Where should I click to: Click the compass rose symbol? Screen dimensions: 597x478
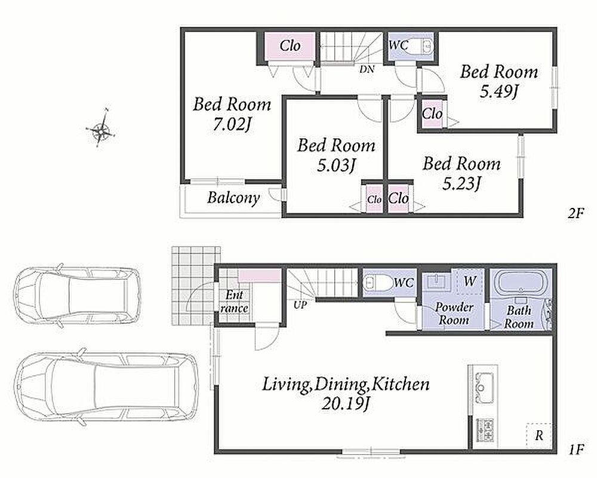coord(100,128)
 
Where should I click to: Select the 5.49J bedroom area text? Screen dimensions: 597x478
coord(498,91)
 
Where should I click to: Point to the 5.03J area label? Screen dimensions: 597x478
coord(337,166)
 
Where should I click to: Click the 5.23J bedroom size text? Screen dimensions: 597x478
coord(461,183)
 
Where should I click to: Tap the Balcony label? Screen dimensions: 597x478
coord(233,198)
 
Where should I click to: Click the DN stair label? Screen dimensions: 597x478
coord(367,69)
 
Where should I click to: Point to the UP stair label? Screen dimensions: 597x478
coord(300,305)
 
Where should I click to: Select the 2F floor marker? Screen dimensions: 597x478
coord(576,213)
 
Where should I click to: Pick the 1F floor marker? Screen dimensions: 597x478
coord(577,450)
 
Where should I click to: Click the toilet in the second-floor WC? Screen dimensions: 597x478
coord(425,46)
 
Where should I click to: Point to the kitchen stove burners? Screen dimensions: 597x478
coord(485,430)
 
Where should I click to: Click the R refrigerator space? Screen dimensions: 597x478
coord(538,435)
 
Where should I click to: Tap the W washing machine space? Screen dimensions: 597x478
coord(470,281)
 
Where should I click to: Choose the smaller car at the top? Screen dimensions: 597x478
coord(77,296)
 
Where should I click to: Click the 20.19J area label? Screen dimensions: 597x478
coord(345,404)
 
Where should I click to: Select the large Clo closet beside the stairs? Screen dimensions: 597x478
coord(290,47)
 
